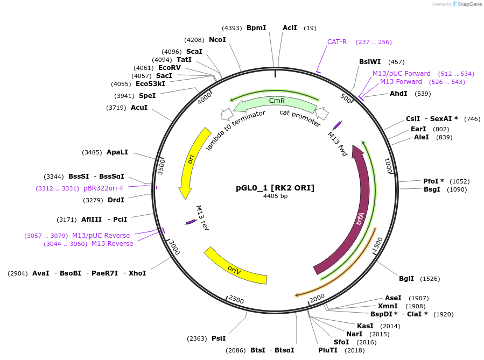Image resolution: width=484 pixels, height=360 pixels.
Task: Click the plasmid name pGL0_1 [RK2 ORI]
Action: [275, 188]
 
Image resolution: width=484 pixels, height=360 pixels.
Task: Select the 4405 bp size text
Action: [275, 196]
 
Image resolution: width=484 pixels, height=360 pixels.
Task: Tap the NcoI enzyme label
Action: [218, 40]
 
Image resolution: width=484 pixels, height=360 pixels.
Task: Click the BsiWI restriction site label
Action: [370, 62]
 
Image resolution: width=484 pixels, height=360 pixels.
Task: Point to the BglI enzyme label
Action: [406, 279]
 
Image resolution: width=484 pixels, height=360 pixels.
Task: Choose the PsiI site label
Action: [219, 338]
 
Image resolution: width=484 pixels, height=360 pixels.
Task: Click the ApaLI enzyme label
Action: [117, 152]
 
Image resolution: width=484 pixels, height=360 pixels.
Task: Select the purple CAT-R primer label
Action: [337, 42]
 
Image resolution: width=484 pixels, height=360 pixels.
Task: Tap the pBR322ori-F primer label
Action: [103, 188]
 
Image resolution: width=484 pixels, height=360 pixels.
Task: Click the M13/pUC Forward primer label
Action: [402, 74]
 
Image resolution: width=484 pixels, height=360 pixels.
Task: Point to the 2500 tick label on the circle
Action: [236, 299]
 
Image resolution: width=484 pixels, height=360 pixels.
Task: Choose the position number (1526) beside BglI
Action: [430, 279]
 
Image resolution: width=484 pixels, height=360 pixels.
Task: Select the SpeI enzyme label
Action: [147, 96]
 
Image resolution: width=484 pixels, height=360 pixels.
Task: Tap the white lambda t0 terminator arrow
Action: [227, 114]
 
